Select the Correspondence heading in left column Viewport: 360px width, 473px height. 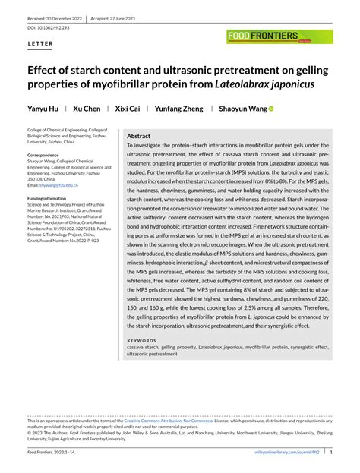pos(50,154)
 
